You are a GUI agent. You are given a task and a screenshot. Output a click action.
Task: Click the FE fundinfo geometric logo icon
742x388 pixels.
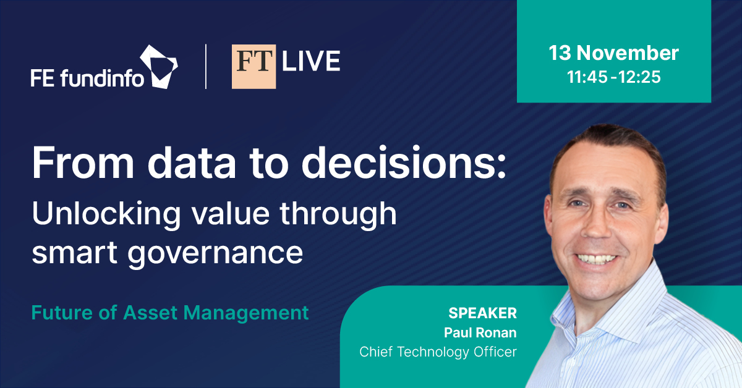pyautogui.click(x=159, y=67)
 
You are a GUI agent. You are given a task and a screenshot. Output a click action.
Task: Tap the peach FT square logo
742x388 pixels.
pyautogui.click(x=254, y=67)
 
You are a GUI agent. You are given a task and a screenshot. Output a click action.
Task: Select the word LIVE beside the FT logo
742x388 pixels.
pyautogui.click(x=311, y=61)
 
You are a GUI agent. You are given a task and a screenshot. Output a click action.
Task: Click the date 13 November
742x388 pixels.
pyautogui.click(x=614, y=53)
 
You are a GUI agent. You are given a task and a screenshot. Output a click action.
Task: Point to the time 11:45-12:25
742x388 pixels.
pyautogui.click(x=614, y=77)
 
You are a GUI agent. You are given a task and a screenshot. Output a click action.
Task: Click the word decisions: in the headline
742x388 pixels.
pyautogui.click(x=404, y=163)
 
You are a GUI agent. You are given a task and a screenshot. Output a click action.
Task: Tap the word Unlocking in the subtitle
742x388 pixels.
pyautogui.click(x=106, y=214)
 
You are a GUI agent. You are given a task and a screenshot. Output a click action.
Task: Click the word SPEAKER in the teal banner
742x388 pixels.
pyautogui.click(x=483, y=313)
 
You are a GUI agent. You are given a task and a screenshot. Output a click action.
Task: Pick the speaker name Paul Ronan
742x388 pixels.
pyautogui.click(x=480, y=332)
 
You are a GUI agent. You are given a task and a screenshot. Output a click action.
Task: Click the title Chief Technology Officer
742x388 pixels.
pyautogui.click(x=438, y=352)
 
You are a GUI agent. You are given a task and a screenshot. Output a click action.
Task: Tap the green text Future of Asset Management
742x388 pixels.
pyautogui.click(x=170, y=313)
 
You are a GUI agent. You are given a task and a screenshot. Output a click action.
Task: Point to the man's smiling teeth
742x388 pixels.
pyautogui.click(x=596, y=258)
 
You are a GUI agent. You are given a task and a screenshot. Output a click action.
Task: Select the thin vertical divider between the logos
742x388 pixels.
pyautogui.click(x=206, y=67)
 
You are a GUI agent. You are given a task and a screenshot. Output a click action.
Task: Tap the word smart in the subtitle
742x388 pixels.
pyautogui.click(x=75, y=252)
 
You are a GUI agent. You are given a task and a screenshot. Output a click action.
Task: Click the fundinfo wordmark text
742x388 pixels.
pyautogui.click(x=103, y=78)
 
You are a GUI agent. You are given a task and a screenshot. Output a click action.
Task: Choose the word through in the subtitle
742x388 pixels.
pyautogui.click(x=338, y=214)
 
